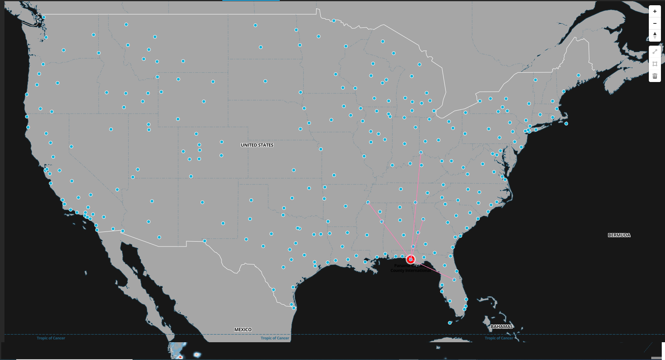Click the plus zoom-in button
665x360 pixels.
coord(655,11)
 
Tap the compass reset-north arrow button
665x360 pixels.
coord(655,35)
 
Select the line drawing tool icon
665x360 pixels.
coord(655,51)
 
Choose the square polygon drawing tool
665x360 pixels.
coord(655,64)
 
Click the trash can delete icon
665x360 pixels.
coord(655,76)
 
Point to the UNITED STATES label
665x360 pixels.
coord(257,145)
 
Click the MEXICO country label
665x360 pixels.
coord(243,330)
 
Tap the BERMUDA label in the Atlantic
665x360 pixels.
coord(619,235)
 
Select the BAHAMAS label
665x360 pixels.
coord(502,326)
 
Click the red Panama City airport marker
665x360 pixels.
coord(411,259)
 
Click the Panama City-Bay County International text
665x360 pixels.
coord(410,268)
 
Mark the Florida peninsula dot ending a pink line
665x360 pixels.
coord(454,280)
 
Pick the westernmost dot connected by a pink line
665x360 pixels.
coord(368,202)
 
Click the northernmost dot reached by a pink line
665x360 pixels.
coord(421,152)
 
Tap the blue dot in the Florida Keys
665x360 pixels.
coord(450,323)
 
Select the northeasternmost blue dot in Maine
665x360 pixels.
coord(578,75)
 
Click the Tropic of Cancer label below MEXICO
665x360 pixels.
coord(275,338)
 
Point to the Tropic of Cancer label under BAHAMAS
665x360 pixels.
coord(499,338)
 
